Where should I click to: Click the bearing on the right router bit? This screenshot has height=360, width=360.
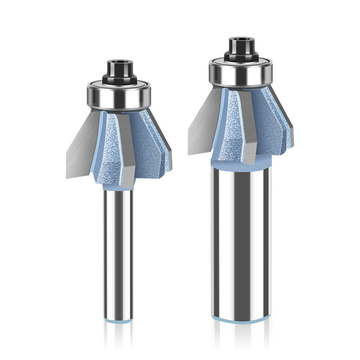click(241, 73)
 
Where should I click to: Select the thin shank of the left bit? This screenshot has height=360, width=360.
click(118, 252)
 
